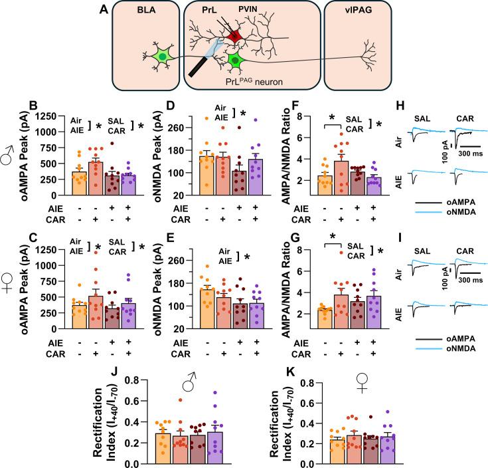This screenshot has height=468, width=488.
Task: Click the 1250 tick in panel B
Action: tap(48, 115)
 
